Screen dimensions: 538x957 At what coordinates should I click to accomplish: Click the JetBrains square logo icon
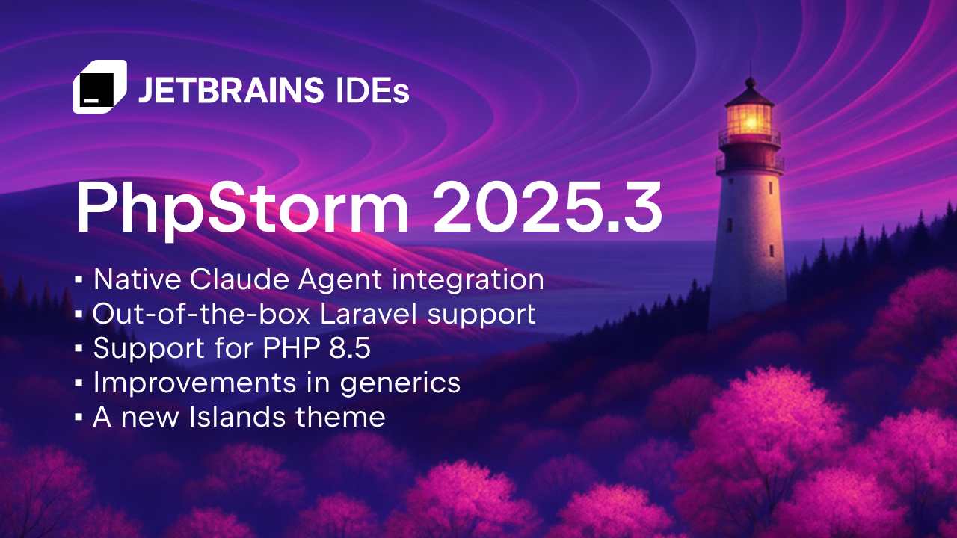click(99, 87)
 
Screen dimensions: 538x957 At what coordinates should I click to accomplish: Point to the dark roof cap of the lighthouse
click(748, 93)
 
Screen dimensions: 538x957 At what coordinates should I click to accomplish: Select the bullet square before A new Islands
click(79, 418)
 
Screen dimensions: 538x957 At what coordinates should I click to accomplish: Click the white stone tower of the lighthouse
click(748, 239)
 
